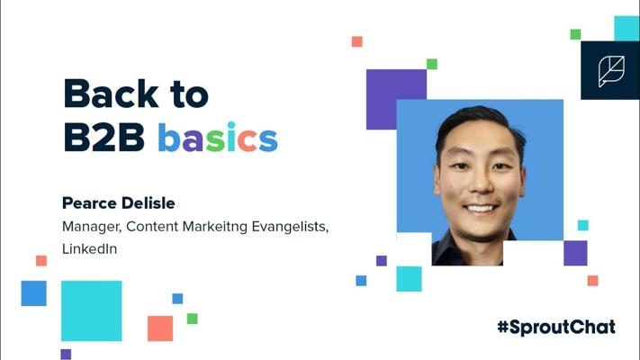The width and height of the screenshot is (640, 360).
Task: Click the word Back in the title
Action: click(x=111, y=94)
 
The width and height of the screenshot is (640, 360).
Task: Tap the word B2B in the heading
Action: click(x=104, y=137)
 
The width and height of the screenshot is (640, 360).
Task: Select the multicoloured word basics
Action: click(x=218, y=137)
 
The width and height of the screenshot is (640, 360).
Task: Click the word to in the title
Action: click(x=189, y=94)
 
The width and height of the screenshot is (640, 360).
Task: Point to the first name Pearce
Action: click(x=89, y=202)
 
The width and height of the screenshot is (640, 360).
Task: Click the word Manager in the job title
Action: click(x=92, y=227)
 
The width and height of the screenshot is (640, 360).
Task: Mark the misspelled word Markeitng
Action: click(x=215, y=227)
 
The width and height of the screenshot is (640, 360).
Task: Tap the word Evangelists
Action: click(x=290, y=227)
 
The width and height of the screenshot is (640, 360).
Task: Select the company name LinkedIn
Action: click(x=89, y=248)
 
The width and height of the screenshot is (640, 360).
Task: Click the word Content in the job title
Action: click(x=152, y=227)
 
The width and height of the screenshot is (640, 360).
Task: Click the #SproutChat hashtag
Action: click(x=556, y=328)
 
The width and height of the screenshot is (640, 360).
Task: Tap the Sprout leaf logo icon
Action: click(x=611, y=71)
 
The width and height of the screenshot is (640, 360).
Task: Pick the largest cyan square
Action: click(x=92, y=310)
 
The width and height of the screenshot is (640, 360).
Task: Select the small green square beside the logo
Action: click(x=575, y=34)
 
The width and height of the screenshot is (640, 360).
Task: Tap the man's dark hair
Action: click(x=478, y=121)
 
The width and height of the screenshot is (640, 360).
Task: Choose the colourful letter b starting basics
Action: click(x=169, y=137)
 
